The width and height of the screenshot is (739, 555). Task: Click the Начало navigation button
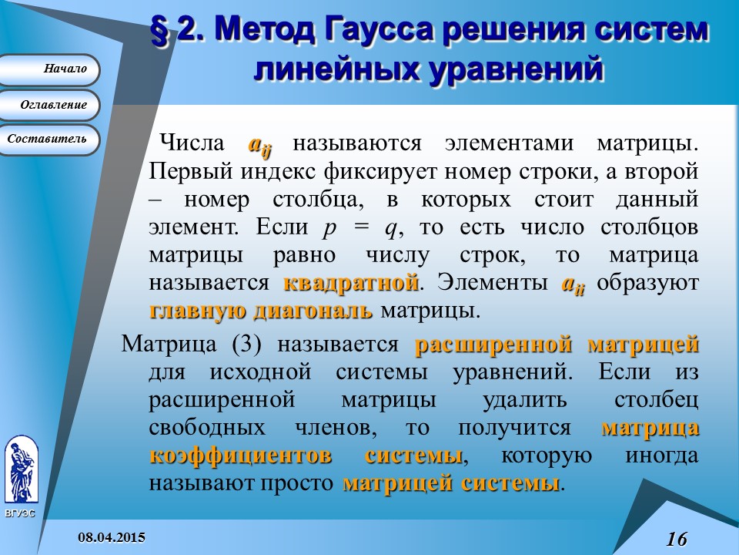click(50, 69)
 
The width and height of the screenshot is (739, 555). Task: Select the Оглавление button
click(50, 104)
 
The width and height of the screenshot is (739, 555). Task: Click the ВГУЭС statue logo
click(21, 470)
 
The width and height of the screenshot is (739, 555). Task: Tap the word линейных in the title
click(332, 69)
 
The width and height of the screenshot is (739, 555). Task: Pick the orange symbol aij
click(258, 144)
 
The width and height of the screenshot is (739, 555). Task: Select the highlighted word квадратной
click(350, 283)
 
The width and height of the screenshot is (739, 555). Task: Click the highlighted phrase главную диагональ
click(260, 311)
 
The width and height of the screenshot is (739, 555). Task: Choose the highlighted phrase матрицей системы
click(450, 483)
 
